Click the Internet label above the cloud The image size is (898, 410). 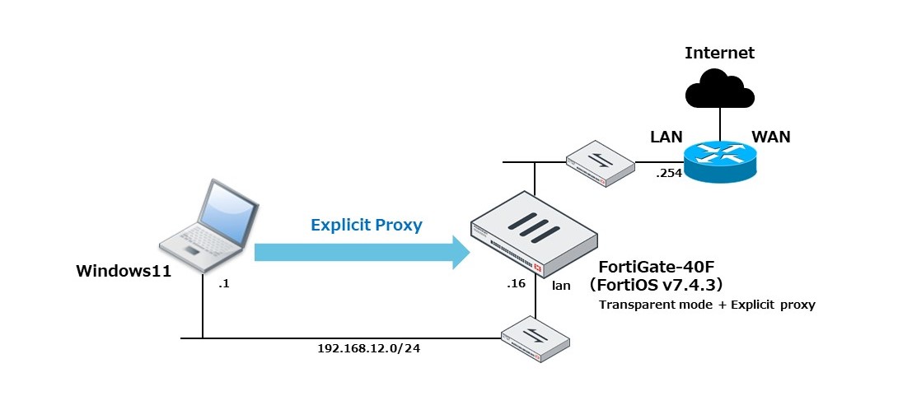[719, 54]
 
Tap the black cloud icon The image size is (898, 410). [719, 90]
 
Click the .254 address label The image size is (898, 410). [669, 175]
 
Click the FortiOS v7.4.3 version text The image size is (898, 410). [655, 285]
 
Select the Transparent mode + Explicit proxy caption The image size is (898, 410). [707, 305]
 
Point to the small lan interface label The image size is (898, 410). [561, 286]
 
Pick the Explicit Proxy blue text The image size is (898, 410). [366, 225]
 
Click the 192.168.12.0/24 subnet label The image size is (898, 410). [365, 347]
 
